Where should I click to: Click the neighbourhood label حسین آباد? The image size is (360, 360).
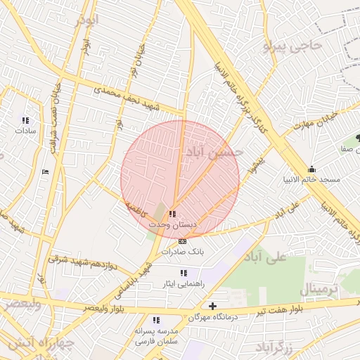point(214,151)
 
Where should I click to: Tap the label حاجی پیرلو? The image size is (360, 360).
point(291,47)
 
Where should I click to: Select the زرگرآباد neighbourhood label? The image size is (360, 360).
point(274,347)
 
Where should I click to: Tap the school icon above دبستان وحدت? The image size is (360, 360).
point(173,214)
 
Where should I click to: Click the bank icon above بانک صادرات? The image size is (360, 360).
point(183,241)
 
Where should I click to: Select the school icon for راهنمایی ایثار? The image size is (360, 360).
point(183,273)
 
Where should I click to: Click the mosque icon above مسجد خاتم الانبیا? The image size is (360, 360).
point(312,169)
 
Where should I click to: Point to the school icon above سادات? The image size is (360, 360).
point(26,120)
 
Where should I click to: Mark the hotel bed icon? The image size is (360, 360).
point(46,172)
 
